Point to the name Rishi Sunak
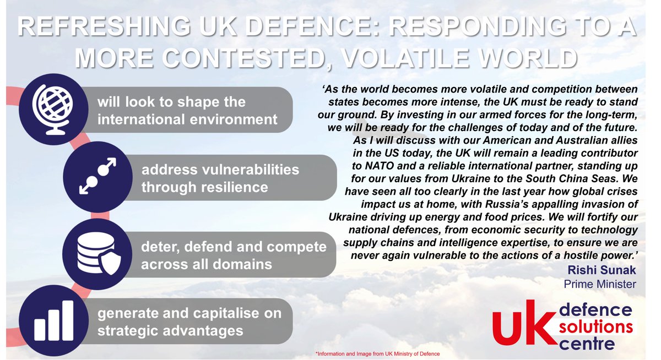coord(605,270)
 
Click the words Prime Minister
coord(599,284)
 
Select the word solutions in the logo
coord(594,327)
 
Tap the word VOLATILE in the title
coord(494,57)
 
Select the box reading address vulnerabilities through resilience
coord(220,178)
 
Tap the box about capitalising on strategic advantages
coord(189,322)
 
